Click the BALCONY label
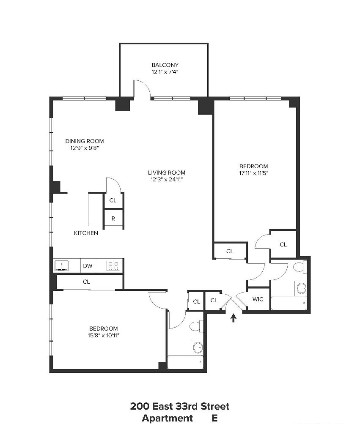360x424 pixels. pos(165,65)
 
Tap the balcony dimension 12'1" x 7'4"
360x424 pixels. pos(165,72)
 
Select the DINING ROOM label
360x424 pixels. pos(85,141)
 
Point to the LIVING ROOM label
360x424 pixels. pos(167,172)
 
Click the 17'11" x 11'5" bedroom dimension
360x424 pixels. pos(254,173)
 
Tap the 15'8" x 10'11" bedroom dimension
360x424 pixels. pos(104,335)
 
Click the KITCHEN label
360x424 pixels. pos(86,233)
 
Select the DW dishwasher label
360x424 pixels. pos(88,266)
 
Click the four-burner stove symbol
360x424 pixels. pos(113,265)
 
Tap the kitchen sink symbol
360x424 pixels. pos(61,265)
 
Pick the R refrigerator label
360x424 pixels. pos(113,219)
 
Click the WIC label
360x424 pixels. pos(258,299)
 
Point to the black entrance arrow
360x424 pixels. pos(233,318)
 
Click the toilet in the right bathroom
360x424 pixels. pos(300,267)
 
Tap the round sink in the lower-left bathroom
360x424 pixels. pos(198,347)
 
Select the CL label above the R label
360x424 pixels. pos(113,200)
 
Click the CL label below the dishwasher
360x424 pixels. pos(86,282)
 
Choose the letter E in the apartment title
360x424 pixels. pos(214,418)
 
